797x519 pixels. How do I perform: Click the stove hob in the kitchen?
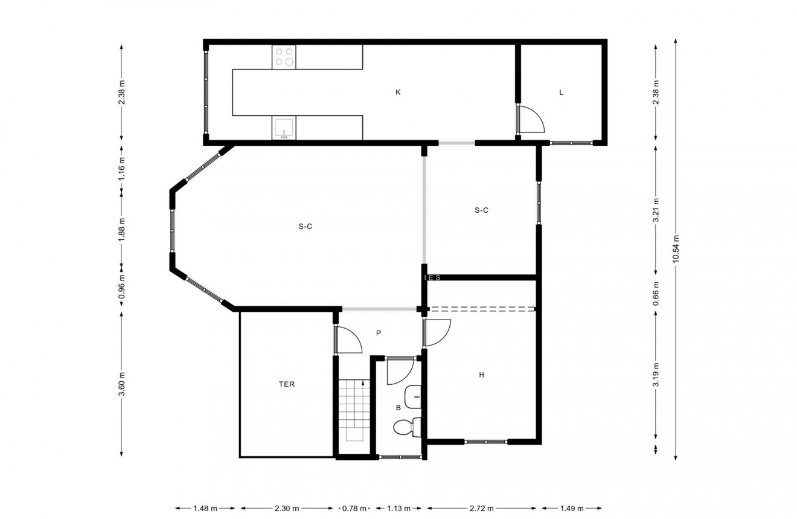point(284,57)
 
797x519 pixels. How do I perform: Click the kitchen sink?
point(284,129)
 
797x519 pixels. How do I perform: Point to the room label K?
point(398,92)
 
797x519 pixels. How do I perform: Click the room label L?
point(562,92)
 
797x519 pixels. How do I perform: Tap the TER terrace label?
point(287,384)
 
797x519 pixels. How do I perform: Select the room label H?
point(481,375)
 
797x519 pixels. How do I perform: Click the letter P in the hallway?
point(379,333)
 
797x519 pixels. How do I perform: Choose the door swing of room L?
point(532,119)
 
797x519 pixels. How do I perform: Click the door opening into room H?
point(436,333)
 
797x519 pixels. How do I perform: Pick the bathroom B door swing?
point(398,371)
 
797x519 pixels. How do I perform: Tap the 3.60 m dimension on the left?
point(122,384)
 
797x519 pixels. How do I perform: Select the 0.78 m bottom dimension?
point(354,508)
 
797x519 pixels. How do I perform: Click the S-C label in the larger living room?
point(305,227)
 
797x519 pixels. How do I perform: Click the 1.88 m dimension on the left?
point(122,230)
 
